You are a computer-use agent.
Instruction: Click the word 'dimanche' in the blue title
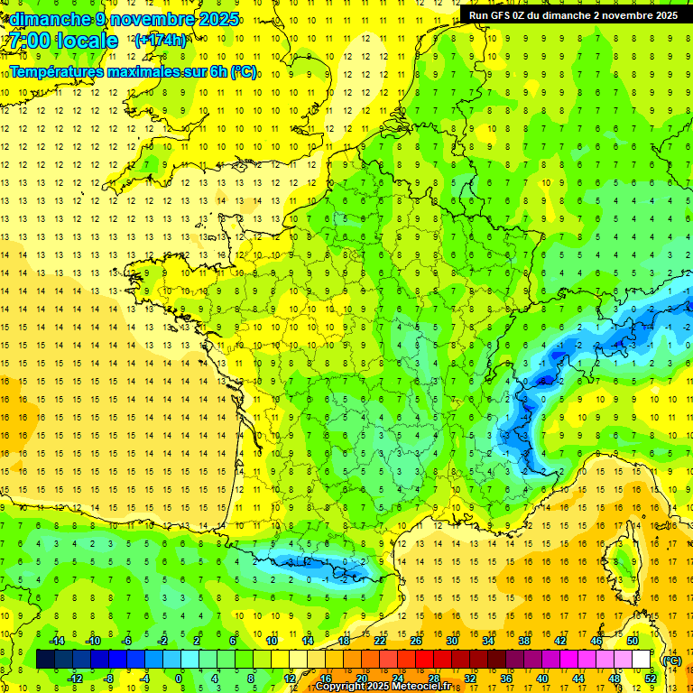pos(51,19)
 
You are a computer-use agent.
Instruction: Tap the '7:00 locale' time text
pos(62,41)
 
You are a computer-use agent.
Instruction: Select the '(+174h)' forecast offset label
pos(160,41)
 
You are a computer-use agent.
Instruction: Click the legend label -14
pos(56,641)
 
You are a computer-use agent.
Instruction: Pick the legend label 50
pos(633,641)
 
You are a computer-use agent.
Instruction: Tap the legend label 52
pos(651,679)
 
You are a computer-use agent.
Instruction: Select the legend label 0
pos(180,679)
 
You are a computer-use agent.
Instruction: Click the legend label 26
pos(416,641)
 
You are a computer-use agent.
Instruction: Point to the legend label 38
pos(524,641)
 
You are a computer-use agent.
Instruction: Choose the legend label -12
pos(75,679)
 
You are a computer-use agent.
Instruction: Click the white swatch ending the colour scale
pos(642,660)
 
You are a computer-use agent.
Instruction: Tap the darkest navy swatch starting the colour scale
pos(46,660)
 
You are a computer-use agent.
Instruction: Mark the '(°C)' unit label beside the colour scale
pos(672,660)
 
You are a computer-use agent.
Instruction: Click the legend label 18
pos(344,641)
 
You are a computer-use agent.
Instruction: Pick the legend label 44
pos(578,679)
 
